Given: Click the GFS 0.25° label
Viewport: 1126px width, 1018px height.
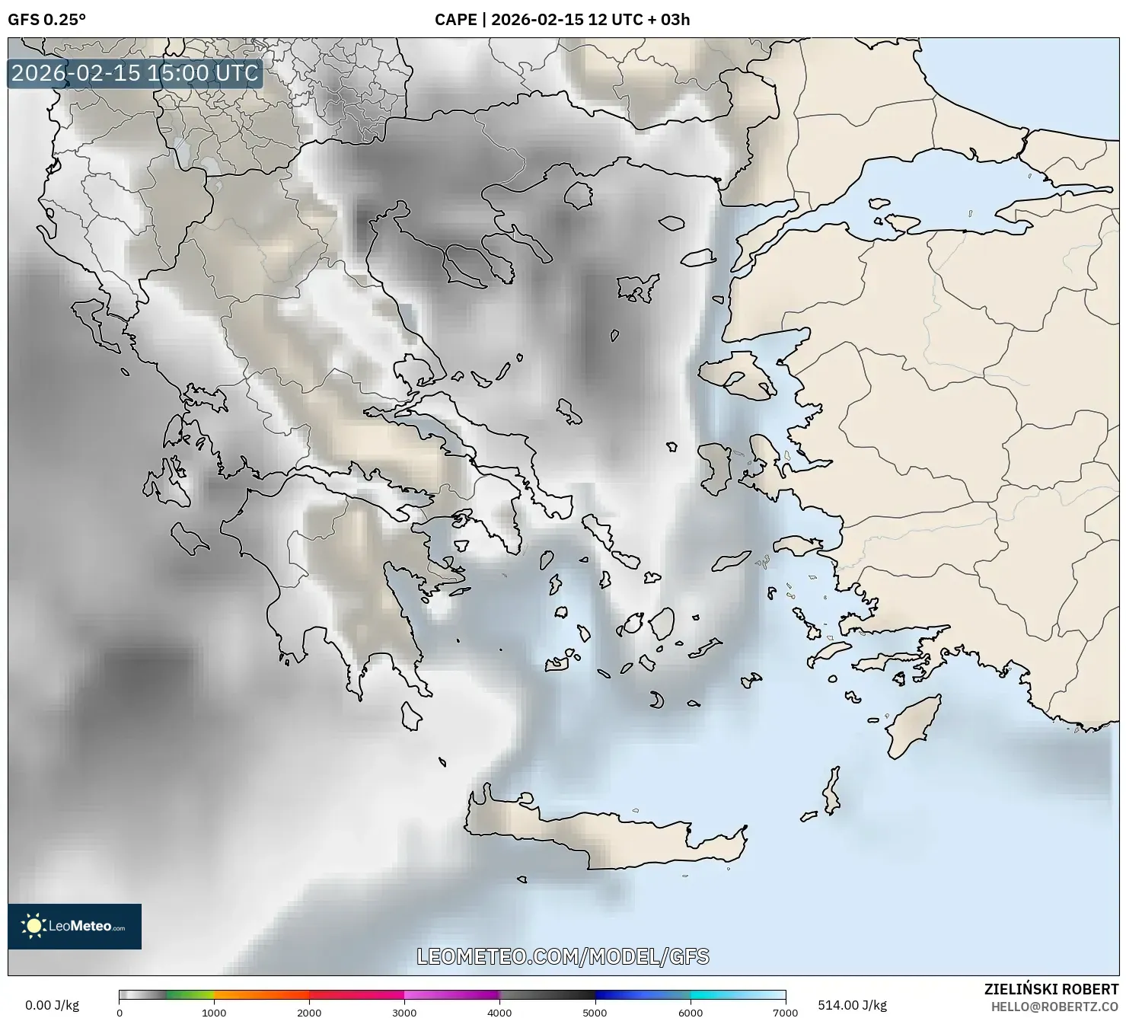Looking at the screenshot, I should pyautogui.click(x=46, y=20).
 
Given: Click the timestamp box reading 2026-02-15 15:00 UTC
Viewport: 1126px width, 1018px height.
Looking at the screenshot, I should pyautogui.click(x=136, y=73).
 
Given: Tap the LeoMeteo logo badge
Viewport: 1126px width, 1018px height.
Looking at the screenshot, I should pyautogui.click(x=75, y=926).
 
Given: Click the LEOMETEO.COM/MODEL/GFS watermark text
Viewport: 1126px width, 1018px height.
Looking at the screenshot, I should pyautogui.click(x=563, y=956).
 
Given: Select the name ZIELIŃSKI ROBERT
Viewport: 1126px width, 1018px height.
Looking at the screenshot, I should pyautogui.click(x=1051, y=989).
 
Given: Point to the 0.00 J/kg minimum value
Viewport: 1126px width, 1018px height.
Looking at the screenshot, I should pyautogui.click(x=52, y=1005).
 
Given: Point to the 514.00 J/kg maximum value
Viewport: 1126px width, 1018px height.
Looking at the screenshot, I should pyautogui.click(x=852, y=1005).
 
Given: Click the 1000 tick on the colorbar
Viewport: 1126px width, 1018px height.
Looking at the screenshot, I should pyautogui.click(x=214, y=1013).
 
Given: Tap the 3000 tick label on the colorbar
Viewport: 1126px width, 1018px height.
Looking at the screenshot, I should pyautogui.click(x=404, y=1013).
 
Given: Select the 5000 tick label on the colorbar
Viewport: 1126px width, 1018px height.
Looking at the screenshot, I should pyautogui.click(x=595, y=1013).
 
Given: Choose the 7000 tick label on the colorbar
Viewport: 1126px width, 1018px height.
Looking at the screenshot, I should pyautogui.click(x=785, y=1013).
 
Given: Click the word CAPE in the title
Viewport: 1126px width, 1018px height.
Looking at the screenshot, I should pyautogui.click(x=455, y=20).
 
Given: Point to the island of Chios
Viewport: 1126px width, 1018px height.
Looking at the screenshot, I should pyautogui.click(x=714, y=468).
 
